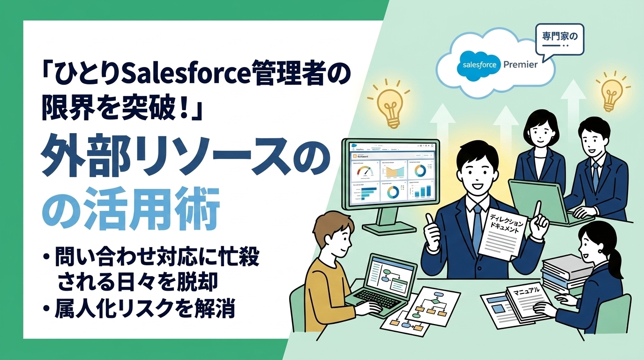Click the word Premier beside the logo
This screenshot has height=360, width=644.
[x=520, y=65]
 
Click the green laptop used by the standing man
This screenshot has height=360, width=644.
[x=536, y=199]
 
